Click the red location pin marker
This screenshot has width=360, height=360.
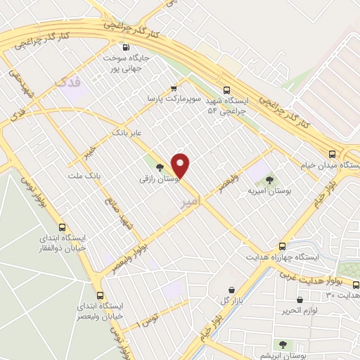(x=181, y=165)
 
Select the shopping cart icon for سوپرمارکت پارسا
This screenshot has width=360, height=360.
(x=173, y=89)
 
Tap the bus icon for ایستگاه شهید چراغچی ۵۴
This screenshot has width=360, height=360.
(x=226, y=90)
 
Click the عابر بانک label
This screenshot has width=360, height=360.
(x=127, y=131)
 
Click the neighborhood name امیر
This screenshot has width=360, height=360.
(x=191, y=201)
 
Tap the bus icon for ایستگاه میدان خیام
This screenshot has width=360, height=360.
(x=333, y=153)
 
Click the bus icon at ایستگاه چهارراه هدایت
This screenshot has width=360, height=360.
(x=282, y=246)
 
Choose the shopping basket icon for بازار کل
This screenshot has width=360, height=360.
(x=231, y=290)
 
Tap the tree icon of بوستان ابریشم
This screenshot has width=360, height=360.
(x=283, y=345)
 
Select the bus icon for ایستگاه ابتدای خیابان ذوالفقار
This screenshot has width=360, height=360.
(x=63, y=227)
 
